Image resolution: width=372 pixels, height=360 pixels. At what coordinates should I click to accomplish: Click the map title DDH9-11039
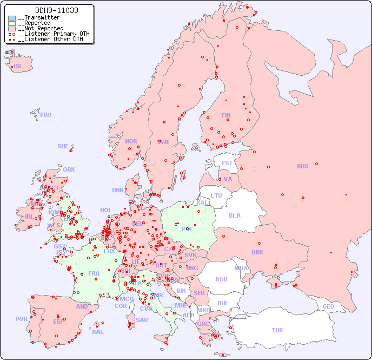49,10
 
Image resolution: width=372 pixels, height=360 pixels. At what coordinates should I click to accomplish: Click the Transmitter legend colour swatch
12,18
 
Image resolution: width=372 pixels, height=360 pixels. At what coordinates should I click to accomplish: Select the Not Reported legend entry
40,28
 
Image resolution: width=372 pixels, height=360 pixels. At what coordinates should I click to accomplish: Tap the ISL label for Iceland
18,67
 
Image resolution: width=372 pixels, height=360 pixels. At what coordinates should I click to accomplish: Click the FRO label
46,115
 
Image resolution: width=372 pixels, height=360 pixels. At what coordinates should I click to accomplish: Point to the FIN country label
226,115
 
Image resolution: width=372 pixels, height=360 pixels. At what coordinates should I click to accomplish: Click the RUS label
302,166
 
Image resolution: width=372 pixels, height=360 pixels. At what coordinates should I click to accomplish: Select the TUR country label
277,330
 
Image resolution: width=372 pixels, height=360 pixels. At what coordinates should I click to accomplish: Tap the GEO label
328,306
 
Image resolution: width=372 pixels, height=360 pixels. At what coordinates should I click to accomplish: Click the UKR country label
257,252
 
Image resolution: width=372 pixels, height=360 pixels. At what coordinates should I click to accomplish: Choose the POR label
21,319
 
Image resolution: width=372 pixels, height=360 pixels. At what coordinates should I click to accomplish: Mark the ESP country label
58,321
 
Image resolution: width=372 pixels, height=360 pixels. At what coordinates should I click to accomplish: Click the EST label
227,163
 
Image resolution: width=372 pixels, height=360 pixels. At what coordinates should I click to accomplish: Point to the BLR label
235,215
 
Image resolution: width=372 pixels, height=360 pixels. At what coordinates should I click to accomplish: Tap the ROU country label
221,279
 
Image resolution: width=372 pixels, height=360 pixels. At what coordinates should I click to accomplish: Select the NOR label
131,141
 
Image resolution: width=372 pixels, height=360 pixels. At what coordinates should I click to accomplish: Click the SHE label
63,146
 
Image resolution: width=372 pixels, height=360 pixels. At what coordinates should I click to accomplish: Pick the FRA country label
94,273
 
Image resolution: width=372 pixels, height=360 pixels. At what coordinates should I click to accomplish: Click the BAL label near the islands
98,332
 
